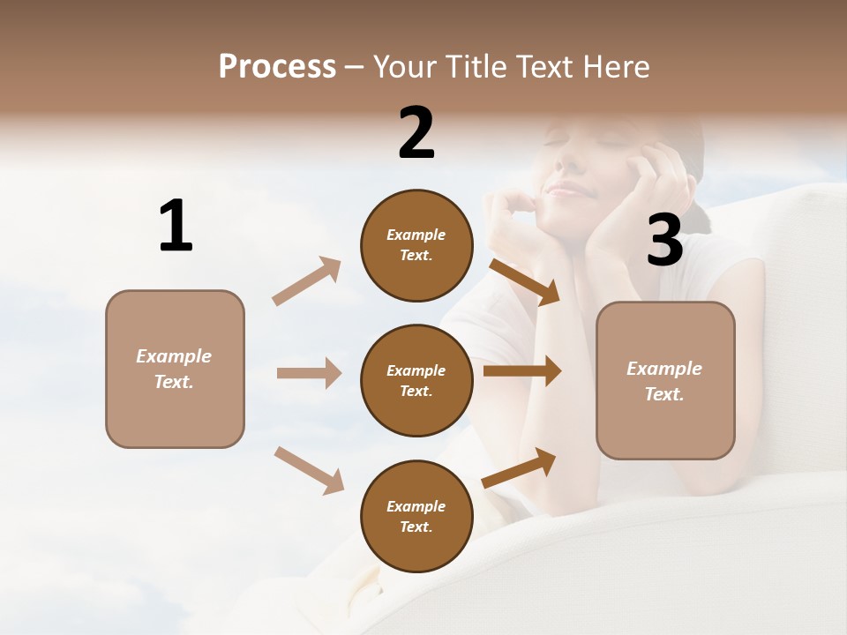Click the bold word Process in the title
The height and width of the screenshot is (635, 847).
click(x=277, y=67)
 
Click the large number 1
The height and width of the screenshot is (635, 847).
click(x=176, y=226)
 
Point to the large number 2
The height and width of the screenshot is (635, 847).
click(x=416, y=133)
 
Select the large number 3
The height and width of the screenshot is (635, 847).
click(x=664, y=240)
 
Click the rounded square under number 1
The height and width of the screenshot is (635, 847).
click(x=175, y=369)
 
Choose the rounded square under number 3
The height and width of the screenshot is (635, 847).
click(x=665, y=380)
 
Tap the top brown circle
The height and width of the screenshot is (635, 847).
click(x=416, y=245)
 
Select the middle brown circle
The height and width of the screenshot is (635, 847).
click(x=416, y=380)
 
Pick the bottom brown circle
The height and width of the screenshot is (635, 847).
click(x=416, y=516)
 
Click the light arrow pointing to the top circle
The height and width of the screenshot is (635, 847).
click(x=307, y=280)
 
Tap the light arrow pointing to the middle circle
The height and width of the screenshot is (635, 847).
click(x=309, y=373)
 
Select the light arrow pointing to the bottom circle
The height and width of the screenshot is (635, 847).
click(x=309, y=469)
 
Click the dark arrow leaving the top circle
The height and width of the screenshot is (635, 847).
click(x=525, y=282)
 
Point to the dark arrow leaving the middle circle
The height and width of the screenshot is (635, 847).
click(x=522, y=371)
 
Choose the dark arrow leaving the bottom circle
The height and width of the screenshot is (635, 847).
click(x=520, y=467)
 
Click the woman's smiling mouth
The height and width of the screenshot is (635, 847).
click(x=565, y=188)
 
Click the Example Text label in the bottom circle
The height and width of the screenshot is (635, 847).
click(x=416, y=516)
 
